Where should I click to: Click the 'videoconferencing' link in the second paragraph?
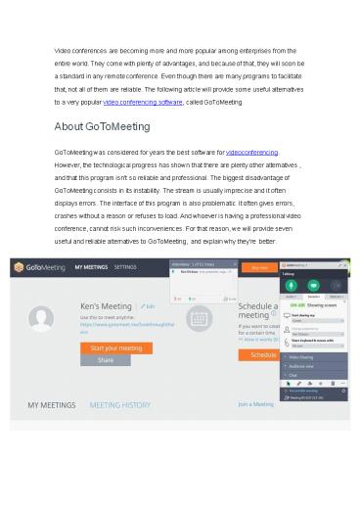pos(251,153)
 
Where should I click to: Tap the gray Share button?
pos(105,360)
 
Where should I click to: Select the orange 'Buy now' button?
pos(261,266)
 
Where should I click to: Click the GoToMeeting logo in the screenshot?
pos(38,267)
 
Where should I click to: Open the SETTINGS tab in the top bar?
pos(125,266)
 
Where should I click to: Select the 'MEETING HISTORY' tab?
pos(121,402)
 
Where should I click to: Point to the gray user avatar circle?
pos(42,317)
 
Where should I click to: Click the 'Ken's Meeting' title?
pos(108,307)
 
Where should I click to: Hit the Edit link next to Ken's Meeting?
pos(149,307)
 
